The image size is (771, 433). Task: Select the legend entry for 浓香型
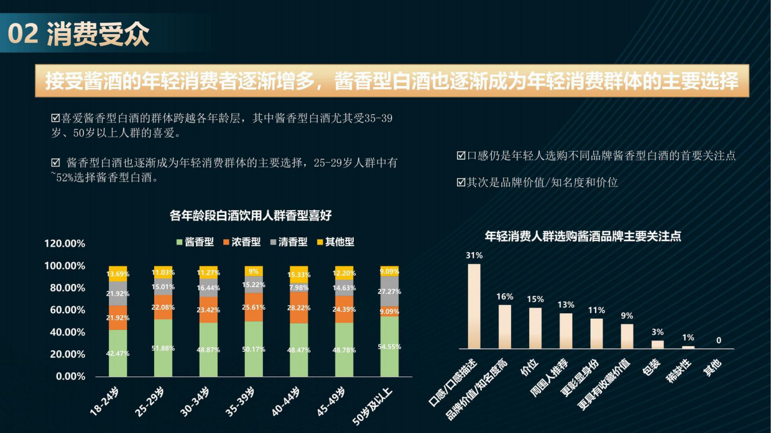coord(242,242)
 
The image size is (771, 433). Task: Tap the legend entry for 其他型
coord(335,242)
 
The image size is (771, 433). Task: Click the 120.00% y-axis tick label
coord(65,244)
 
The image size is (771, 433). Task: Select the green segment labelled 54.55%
coord(389,347)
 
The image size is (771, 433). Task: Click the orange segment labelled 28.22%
coord(299,308)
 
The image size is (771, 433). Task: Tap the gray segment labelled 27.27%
coord(389,291)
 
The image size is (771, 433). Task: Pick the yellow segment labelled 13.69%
coord(118,273)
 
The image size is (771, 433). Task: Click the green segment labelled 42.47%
coord(118,353)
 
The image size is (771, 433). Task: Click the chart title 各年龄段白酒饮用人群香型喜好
coord(251,216)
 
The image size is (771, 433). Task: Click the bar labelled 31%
coord(474,306)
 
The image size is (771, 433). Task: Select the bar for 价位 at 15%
coord(535,328)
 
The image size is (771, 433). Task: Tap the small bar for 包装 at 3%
coord(657,344)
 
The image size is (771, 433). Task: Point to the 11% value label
coord(596,310)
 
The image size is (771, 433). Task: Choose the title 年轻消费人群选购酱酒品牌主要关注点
coord(583,236)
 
